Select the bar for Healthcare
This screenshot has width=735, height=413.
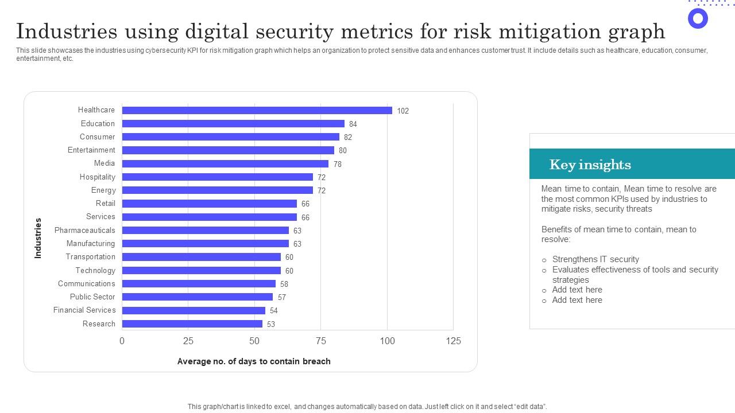click(x=257, y=110)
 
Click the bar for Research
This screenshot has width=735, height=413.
click(x=192, y=324)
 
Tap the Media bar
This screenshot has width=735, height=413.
click(x=225, y=163)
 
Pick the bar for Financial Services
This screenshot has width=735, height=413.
click(x=194, y=310)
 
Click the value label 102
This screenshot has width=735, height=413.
click(x=403, y=111)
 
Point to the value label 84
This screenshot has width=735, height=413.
click(x=353, y=124)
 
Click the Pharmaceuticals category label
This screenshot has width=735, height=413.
click(x=84, y=230)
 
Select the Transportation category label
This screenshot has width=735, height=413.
click(x=90, y=257)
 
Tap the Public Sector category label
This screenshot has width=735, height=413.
click(x=92, y=297)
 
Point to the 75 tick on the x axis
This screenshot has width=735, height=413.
click(x=320, y=341)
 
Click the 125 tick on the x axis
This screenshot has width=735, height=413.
click(x=453, y=341)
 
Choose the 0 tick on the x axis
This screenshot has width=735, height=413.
click(x=122, y=341)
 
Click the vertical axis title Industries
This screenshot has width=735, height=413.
click(x=38, y=237)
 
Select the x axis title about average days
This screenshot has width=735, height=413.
click(x=254, y=361)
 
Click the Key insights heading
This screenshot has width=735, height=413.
click(x=590, y=165)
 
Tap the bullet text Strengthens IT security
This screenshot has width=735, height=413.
click(x=595, y=259)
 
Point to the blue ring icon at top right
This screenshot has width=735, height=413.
click(x=698, y=18)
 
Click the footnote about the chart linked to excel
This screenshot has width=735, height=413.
click(x=367, y=407)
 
